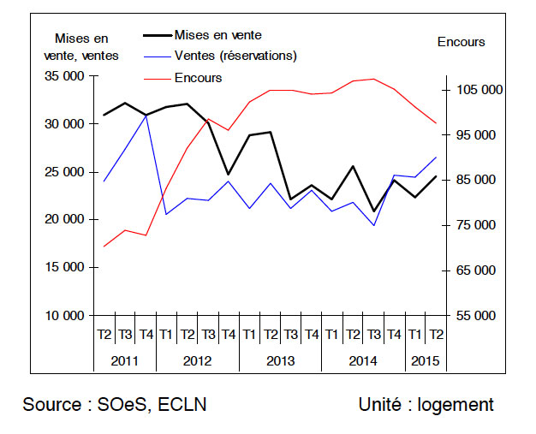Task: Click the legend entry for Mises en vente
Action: (218, 35)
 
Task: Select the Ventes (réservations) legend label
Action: (235, 56)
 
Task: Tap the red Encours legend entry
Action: (199, 78)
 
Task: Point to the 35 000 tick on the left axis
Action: (64, 76)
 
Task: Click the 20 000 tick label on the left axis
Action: (64, 219)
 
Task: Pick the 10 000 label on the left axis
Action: (64, 315)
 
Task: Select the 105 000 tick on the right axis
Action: (480, 90)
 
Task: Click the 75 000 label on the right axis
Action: (476, 225)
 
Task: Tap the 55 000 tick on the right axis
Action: (476, 315)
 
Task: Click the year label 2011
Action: (125, 361)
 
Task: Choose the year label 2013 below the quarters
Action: (281, 361)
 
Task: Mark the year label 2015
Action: (426, 361)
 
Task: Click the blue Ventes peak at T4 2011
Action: (146, 116)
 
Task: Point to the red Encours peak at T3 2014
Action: (374, 79)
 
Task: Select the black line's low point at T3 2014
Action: (374, 211)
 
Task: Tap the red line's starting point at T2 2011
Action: (104, 247)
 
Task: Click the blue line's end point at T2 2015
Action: (436, 158)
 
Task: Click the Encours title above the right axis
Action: (462, 42)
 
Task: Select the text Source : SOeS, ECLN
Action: (115, 405)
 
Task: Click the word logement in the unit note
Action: (456, 405)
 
